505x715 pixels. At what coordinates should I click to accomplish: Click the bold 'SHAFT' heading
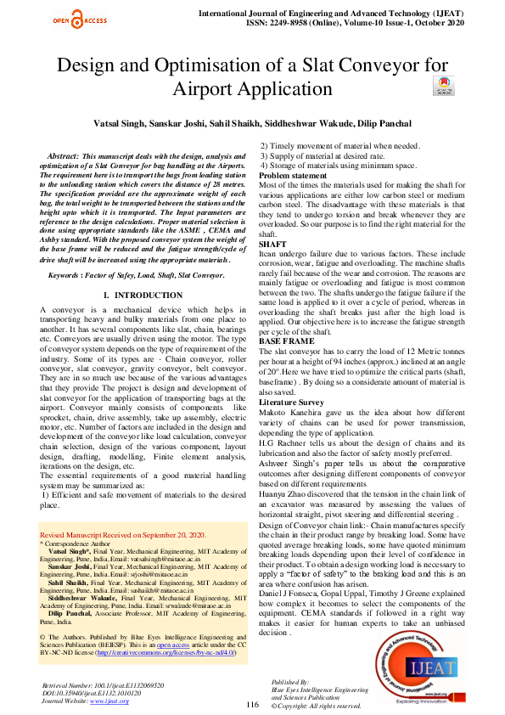pos(272,244)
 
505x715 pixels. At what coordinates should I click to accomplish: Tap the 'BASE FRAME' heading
pos(286,341)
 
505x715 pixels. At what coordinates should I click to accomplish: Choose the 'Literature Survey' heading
pos(291,403)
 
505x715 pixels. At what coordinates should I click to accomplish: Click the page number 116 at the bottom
pos(252,704)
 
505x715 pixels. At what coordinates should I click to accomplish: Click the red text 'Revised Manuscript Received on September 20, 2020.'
pos(123,535)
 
